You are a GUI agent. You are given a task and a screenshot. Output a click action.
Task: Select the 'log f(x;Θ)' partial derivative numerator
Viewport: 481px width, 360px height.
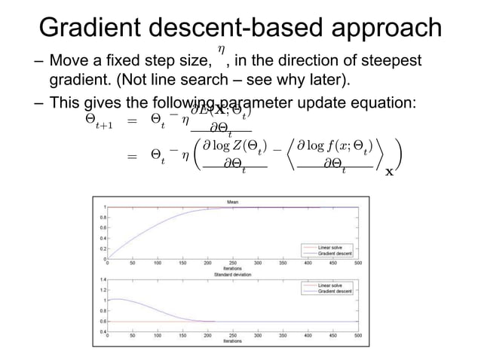(334, 145)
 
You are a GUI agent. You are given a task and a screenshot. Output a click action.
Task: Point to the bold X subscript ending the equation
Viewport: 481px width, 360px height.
(388, 172)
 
